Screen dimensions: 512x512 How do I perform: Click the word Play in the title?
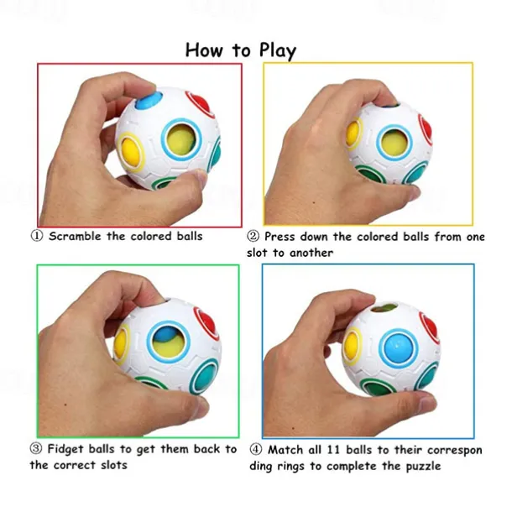pyautogui.click(x=274, y=50)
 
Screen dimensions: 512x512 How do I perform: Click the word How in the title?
pyautogui.click(x=204, y=50)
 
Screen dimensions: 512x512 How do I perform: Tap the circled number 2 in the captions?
pyautogui.click(x=253, y=236)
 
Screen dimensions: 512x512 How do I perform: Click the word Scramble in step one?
pyautogui.click(x=75, y=236)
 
